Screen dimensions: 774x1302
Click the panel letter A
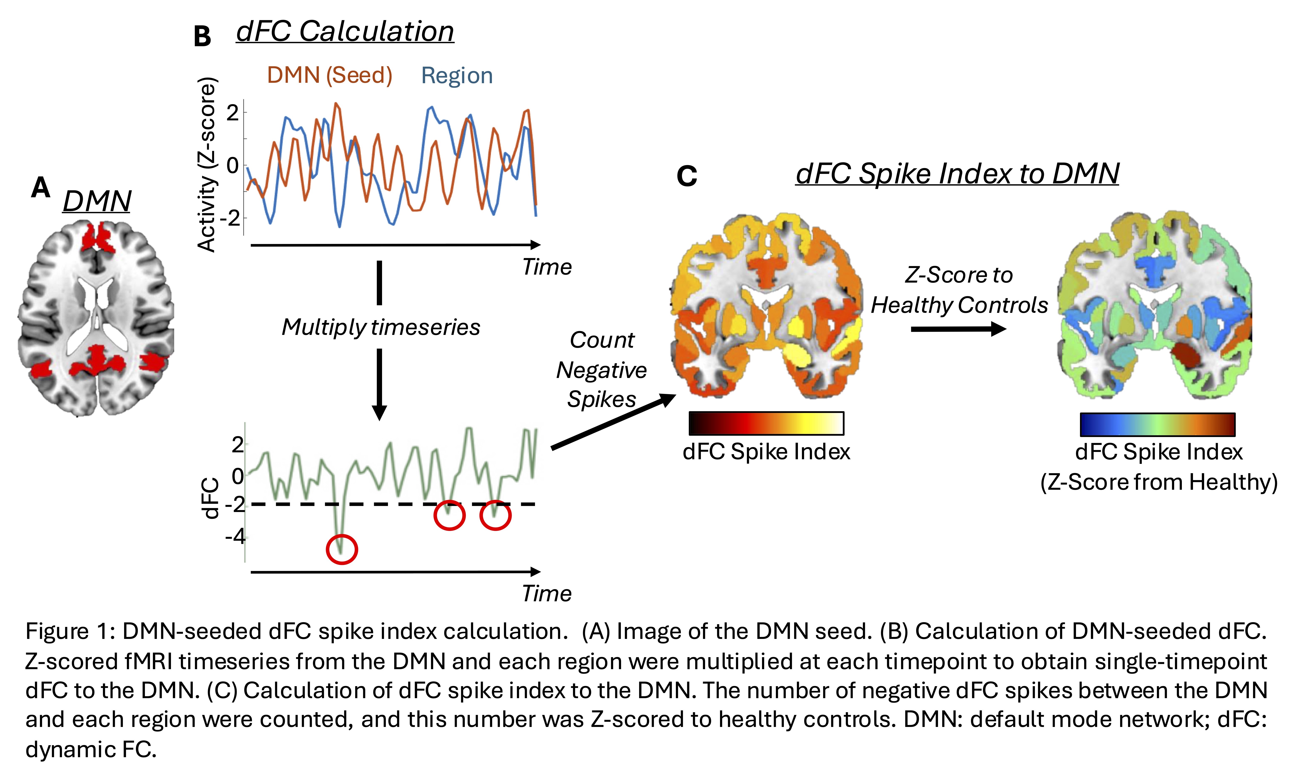[x=41, y=188]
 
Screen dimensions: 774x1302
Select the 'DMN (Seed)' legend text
[x=330, y=76]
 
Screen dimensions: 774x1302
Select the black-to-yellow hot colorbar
[x=766, y=423]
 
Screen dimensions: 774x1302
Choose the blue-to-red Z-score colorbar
[x=1157, y=424]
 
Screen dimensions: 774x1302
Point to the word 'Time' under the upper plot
[x=547, y=267]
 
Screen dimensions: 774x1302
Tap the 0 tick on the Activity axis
[x=233, y=166]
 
